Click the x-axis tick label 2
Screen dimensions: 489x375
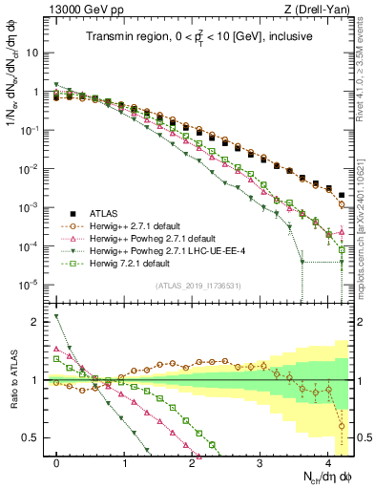[193, 461]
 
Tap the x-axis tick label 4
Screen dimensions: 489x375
[328, 461]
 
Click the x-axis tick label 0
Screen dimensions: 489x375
[57, 461]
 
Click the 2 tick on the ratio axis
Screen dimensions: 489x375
[38, 322]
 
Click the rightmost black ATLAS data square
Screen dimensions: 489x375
[342, 195]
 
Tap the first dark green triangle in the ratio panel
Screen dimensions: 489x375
[57, 316]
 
